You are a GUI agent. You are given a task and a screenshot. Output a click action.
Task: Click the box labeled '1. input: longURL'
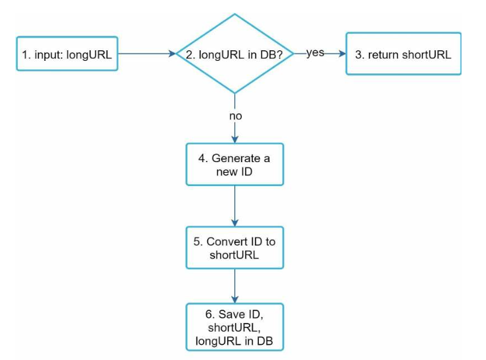click(67, 54)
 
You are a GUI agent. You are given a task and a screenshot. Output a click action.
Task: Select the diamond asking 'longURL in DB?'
click(234, 54)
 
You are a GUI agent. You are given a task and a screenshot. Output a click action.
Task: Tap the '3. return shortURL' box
click(403, 54)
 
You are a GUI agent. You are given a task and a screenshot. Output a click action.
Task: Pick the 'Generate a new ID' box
click(234, 164)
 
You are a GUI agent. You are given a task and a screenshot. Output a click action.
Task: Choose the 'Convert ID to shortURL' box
click(234, 247)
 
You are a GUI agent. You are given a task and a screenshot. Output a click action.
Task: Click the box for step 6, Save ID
click(234, 327)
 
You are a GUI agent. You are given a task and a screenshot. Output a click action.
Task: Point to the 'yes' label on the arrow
click(315, 53)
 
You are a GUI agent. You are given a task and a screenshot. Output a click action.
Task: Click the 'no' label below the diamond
click(236, 116)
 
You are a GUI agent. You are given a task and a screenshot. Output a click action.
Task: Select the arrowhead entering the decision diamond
click(172, 54)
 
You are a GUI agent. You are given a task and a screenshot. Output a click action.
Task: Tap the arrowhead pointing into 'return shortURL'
click(342, 54)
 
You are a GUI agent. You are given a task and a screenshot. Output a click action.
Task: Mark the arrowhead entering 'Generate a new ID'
click(234, 139)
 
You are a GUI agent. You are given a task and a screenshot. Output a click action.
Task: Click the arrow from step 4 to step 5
click(234, 206)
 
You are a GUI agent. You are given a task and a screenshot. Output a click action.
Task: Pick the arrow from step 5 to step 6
click(234, 286)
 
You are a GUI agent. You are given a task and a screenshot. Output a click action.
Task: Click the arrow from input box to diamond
click(147, 54)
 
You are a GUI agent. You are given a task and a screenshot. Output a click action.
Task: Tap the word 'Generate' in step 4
click(236, 158)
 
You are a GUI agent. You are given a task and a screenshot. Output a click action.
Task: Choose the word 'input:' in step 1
click(48, 55)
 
